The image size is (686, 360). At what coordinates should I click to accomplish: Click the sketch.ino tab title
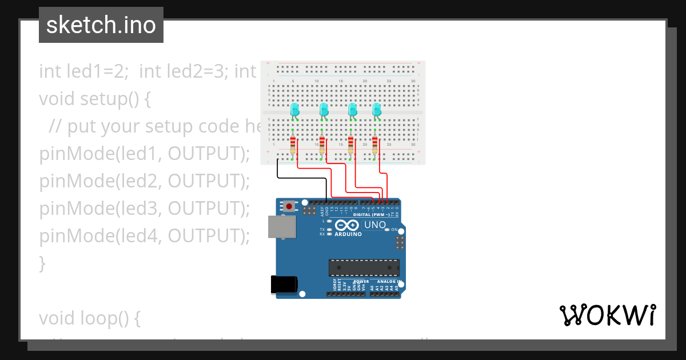click(101, 25)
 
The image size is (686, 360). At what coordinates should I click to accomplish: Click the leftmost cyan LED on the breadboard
click(295, 110)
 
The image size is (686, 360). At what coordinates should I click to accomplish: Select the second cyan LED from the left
click(324, 110)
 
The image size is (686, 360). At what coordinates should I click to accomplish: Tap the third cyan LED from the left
click(353, 110)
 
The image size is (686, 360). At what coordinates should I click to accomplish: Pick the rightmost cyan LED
click(377, 110)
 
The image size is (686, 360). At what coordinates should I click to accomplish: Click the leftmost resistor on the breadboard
click(293, 145)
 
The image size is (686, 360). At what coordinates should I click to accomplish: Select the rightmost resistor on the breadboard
click(375, 145)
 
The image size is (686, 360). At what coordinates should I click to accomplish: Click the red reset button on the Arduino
click(290, 206)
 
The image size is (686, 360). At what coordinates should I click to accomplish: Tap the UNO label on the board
click(375, 225)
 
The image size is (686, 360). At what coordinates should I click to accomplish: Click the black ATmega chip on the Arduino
click(364, 267)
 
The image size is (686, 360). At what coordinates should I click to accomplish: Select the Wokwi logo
click(608, 315)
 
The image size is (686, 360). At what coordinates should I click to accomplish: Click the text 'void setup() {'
click(95, 99)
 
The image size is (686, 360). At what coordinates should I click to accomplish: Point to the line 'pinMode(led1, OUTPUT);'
click(145, 154)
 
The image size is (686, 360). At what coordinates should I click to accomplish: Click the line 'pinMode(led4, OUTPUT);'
click(145, 235)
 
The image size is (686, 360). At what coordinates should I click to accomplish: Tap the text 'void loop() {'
click(90, 318)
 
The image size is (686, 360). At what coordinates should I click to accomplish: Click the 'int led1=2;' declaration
click(83, 71)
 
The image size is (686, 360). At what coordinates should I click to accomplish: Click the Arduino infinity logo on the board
click(348, 225)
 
